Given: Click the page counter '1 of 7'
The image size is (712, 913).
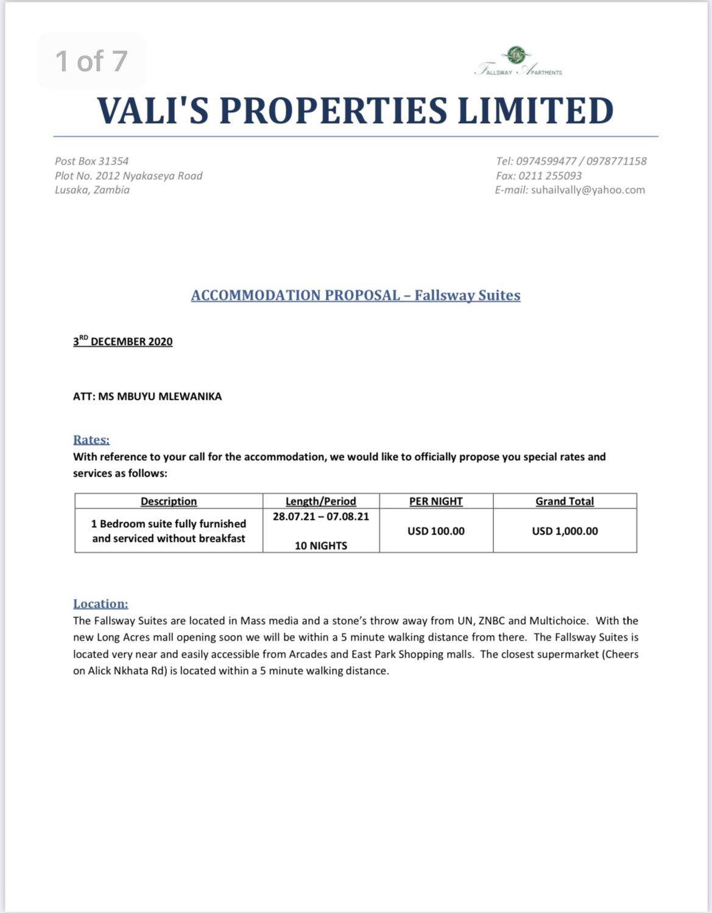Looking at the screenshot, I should (x=91, y=61).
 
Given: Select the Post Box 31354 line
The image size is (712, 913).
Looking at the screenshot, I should (x=92, y=161).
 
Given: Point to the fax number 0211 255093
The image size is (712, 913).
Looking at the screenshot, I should (x=550, y=176).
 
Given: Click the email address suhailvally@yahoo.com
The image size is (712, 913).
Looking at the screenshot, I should (x=588, y=190).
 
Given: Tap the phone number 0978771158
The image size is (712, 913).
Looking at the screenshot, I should (x=616, y=161).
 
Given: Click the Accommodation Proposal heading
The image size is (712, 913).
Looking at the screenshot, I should (x=356, y=296).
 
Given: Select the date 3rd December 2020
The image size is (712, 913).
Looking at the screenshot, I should (x=123, y=341).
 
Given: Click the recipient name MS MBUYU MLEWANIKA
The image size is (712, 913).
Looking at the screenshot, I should (x=160, y=396).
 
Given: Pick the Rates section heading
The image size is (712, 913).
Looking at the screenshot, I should (x=91, y=439).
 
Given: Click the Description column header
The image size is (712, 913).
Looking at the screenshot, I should (x=169, y=501).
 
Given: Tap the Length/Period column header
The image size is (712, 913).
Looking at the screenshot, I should (x=321, y=501).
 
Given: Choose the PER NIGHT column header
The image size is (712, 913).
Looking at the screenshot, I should (x=436, y=501).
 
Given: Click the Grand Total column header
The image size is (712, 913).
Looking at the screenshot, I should (x=565, y=501).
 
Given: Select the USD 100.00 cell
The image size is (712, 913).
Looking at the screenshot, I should (x=436, y=531).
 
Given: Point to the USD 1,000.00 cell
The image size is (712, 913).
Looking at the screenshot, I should (x=565, y=531).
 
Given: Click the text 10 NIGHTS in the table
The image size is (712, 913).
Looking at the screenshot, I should (x=321, y=545).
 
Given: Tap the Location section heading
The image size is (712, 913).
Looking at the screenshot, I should (x=100, y=603).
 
